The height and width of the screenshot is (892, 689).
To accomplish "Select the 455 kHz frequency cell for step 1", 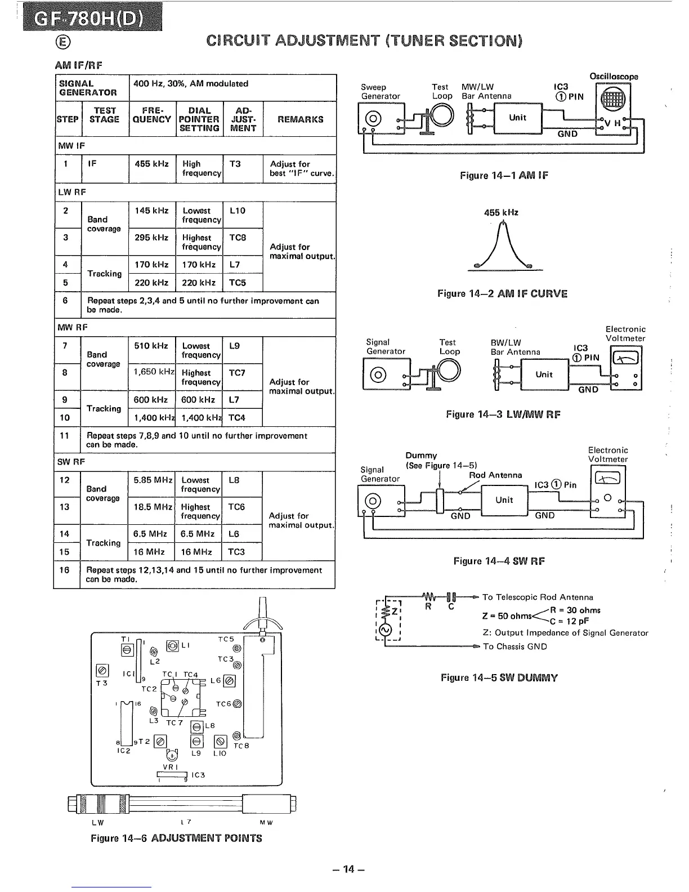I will (x=151, y=164).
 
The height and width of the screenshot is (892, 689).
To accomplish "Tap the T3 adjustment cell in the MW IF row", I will (x=235, y=164).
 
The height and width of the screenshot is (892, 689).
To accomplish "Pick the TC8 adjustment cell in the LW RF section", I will (x=238, y=238).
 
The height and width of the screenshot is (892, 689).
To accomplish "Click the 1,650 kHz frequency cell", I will (x=153, y=372).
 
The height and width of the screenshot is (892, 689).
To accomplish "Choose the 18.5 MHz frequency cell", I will (x=151, y=507).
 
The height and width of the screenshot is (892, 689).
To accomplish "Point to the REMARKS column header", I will (x=299, y=119).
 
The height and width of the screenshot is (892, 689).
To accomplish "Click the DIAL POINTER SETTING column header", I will (x=199, y=119).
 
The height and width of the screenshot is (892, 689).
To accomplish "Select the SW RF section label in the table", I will (x=70, y=462).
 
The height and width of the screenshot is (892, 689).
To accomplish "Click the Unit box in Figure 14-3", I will (x=544, y=374).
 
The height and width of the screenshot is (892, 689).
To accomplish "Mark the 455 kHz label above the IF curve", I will (x=501, y=213).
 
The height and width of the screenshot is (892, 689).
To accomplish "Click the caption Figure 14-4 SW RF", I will (x=499, y=561).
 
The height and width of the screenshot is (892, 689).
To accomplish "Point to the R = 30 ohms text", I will (x=575, y=610).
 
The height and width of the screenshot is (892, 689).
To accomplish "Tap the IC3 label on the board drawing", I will (x=198, y=775).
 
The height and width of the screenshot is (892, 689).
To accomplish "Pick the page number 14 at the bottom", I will (x=349, y=869).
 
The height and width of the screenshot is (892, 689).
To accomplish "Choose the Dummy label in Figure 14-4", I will (x=421, y=456).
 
